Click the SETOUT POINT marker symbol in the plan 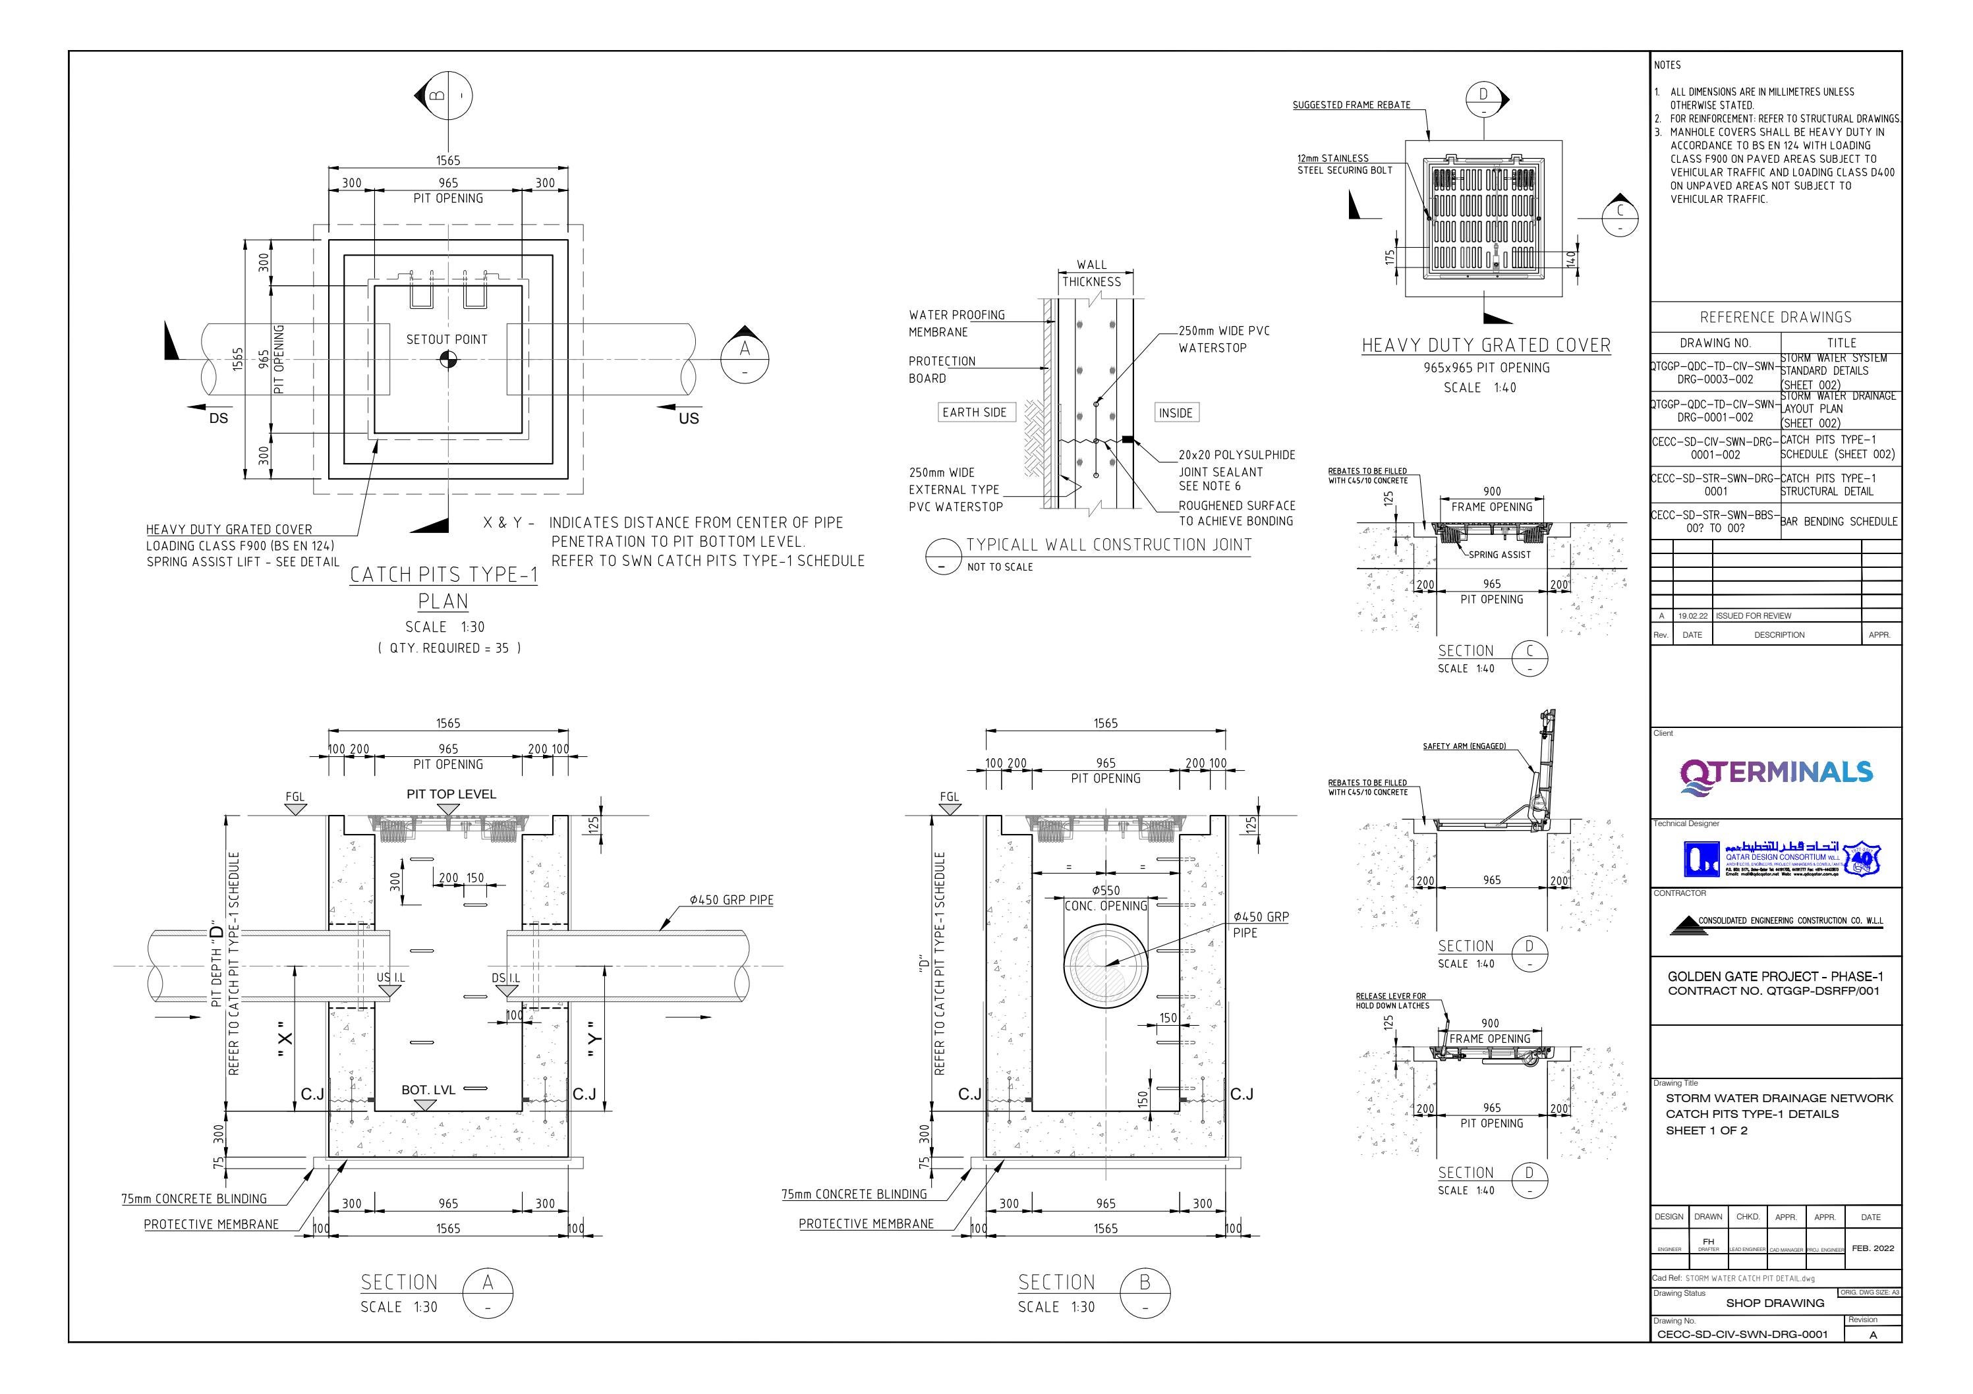click(x=447, y=359)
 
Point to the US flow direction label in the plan click(x=689, y=418)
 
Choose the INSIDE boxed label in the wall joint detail click(x=1175, y=413)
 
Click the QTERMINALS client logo click(x=1775, y=772)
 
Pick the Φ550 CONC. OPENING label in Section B click(x=1105, y=899)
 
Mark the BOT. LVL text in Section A click(x=428, y=1090)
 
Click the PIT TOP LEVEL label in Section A click(x=451, y=795)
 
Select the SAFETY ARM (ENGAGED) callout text click(x=1464, y=746)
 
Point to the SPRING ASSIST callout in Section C click(x=1499, y=555)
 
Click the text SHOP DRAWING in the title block click(x=1775, y=1303)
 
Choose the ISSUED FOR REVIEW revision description click(x=1753, y=616)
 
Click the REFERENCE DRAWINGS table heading click(x=1775, y=317)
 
